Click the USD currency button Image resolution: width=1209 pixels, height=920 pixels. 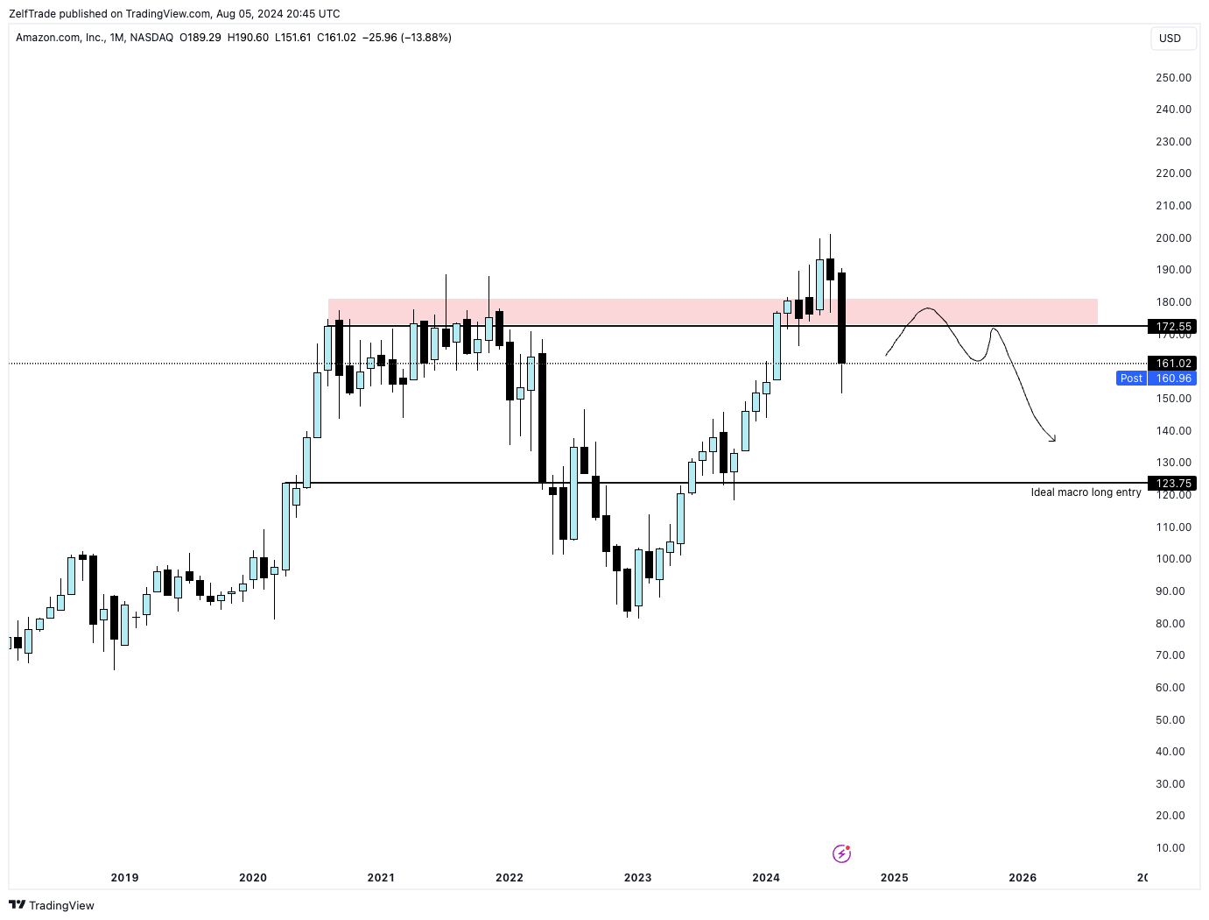tap(1170, 39)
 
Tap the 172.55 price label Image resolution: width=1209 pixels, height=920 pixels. tap(1173, 327)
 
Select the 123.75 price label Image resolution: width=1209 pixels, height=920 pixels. tap(1173, 484)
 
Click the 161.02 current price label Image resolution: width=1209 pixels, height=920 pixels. tap(1173, 364)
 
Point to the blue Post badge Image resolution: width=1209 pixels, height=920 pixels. tap(1131, 379)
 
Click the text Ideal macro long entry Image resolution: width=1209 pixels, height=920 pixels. tap(1086, 492)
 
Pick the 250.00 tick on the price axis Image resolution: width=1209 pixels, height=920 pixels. tap(1173, 78)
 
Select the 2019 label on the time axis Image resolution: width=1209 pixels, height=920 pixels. tap(124, 878)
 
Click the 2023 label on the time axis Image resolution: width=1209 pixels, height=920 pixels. tap(637, 878)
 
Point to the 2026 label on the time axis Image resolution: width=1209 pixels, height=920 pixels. tap(1023, 878)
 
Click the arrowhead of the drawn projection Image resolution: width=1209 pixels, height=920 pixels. tap(1052, 439)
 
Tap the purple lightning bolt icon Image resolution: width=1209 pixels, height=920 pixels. tap(841, 853)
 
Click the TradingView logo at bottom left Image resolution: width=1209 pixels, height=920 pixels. tap(52, 906)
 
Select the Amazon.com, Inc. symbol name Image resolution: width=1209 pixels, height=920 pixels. tap(60, 38)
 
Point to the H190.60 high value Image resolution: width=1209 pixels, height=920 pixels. tap(248, 38)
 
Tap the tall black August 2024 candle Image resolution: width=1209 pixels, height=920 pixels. tap(842, 317)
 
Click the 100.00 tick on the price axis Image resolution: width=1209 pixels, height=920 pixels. tap(1173, 559)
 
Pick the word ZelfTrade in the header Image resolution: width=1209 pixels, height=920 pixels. tap(32, 14)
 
